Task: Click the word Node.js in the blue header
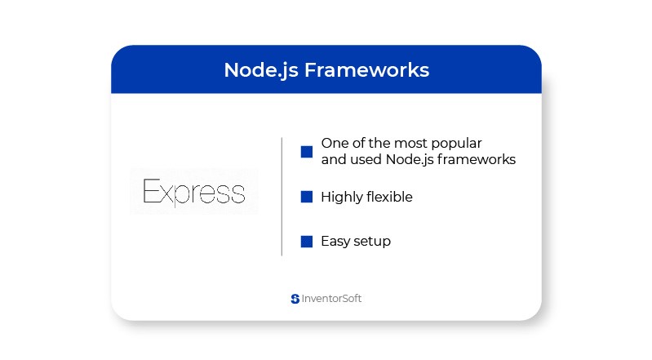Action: (261, 70)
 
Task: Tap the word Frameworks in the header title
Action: (366, 69)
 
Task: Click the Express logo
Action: (194, 192)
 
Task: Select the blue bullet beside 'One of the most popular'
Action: (307, 152)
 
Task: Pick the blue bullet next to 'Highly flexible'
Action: (307, 197)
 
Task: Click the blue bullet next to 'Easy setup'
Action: (307, 242)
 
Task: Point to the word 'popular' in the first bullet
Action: (456, 144)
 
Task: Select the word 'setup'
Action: (372, 242)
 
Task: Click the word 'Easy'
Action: (335, 242)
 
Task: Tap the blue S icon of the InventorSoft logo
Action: (295, 299)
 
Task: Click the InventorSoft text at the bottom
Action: (331, 299)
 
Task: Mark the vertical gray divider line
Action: (282, 197)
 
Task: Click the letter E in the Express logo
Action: (151, 191)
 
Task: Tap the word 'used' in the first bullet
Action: (366, 159)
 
